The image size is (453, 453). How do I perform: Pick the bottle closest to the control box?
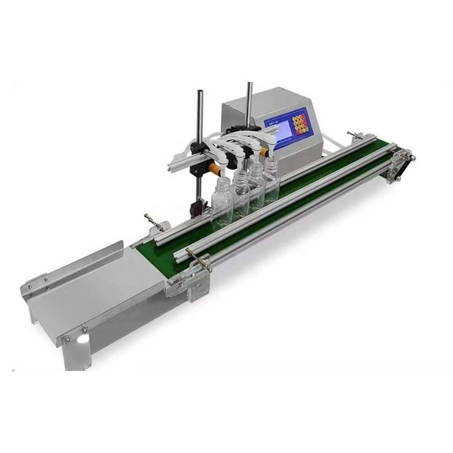pyautogui.click(x=270, y=174)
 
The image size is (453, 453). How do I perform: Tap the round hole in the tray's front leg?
pyautogui.click(x=84, y=339)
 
